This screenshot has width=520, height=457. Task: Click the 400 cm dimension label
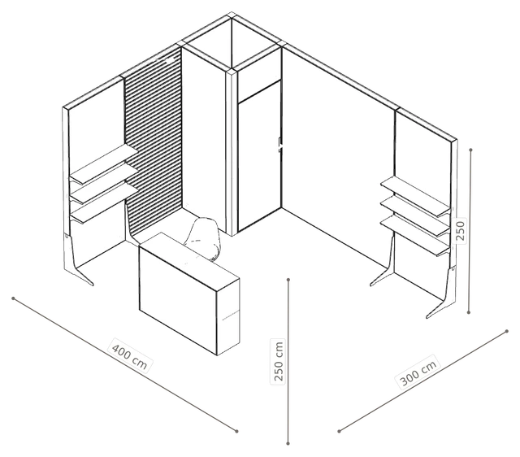tap(129, 355)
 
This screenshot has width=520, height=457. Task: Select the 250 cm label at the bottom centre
tap(279, 361)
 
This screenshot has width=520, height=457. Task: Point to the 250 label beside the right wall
tap(461, 231)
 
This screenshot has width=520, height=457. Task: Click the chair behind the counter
tap(202, 237)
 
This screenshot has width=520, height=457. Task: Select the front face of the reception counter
tap(178, 298)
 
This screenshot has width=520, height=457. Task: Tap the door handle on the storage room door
tap(280, 146)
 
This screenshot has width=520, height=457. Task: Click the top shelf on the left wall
tap(104, 164)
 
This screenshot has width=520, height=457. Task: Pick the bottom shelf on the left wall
tap(104, 202)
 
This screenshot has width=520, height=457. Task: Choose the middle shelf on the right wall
tap(415, 217)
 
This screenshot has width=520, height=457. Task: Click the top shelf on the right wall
tap(415, 197)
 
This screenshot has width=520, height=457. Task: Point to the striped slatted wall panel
tap(154, 146)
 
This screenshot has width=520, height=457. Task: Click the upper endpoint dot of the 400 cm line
tap(13, 298)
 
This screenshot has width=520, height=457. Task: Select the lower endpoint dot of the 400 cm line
tap(236, 431)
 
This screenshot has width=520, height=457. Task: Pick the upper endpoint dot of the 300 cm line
tap(507, 331)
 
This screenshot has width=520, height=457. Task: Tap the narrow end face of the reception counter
tap(228, 317)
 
